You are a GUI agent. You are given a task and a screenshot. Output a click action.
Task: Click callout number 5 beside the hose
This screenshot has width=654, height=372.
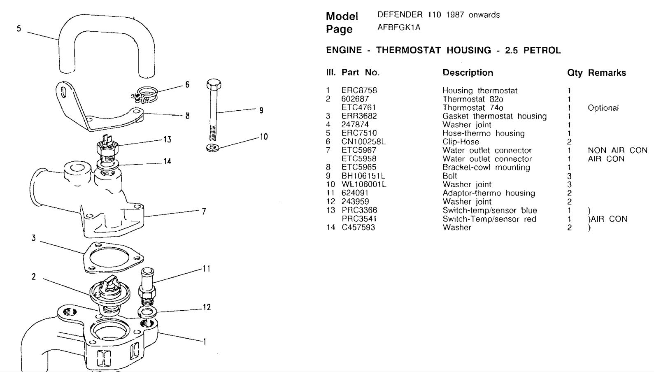click(x=19, y=29)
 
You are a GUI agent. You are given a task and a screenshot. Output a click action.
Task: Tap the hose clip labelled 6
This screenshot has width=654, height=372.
click(x=144, y=95)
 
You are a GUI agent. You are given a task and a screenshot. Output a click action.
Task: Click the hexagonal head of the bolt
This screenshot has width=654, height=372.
click(x=214, y=84)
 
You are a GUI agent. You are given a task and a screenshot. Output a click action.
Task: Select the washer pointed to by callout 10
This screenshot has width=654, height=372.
click(x=214, y=148)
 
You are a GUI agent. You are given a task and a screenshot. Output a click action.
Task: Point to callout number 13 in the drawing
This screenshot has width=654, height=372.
click(x=167, y=139)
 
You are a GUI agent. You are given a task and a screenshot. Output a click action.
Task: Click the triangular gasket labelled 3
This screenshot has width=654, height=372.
click(x=113, y=258)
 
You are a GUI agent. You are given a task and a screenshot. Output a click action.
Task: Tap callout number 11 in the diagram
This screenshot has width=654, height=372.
click(x=207, y=269)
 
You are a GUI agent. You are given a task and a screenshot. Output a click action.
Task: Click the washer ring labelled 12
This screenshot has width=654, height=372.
click(x=147, y=312)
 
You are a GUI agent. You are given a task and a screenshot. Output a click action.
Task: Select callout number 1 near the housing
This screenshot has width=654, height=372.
click(x=205, y=342)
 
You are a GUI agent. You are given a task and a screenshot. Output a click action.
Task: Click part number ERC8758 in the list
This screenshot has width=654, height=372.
click(x=359, y=91)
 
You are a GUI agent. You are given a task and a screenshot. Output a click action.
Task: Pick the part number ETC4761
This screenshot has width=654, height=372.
click(x=358, y=108)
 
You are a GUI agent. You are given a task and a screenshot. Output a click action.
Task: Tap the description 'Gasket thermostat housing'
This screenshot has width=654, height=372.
click(x=495, y=116)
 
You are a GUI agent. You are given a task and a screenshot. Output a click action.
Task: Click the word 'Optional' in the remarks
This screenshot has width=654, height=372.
click(x=603, y=108)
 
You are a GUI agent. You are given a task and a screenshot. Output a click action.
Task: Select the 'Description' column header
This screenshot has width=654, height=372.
click(x=468, y=73)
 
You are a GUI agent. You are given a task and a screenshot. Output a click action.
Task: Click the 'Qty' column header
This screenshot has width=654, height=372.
click(x=575, y=73)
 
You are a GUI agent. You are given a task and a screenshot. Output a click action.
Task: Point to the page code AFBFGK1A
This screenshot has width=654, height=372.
click(x=399, y=28)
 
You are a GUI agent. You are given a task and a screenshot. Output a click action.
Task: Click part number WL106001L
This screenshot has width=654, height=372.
click(x=364, y=184)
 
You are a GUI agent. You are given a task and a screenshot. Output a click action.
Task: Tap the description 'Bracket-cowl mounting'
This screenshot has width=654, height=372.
click(x=486, y=167)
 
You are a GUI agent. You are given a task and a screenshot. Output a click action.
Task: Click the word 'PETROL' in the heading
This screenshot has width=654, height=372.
click(x=542, y=51)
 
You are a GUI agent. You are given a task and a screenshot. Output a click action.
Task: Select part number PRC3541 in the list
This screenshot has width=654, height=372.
click(x=359, y=219)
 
